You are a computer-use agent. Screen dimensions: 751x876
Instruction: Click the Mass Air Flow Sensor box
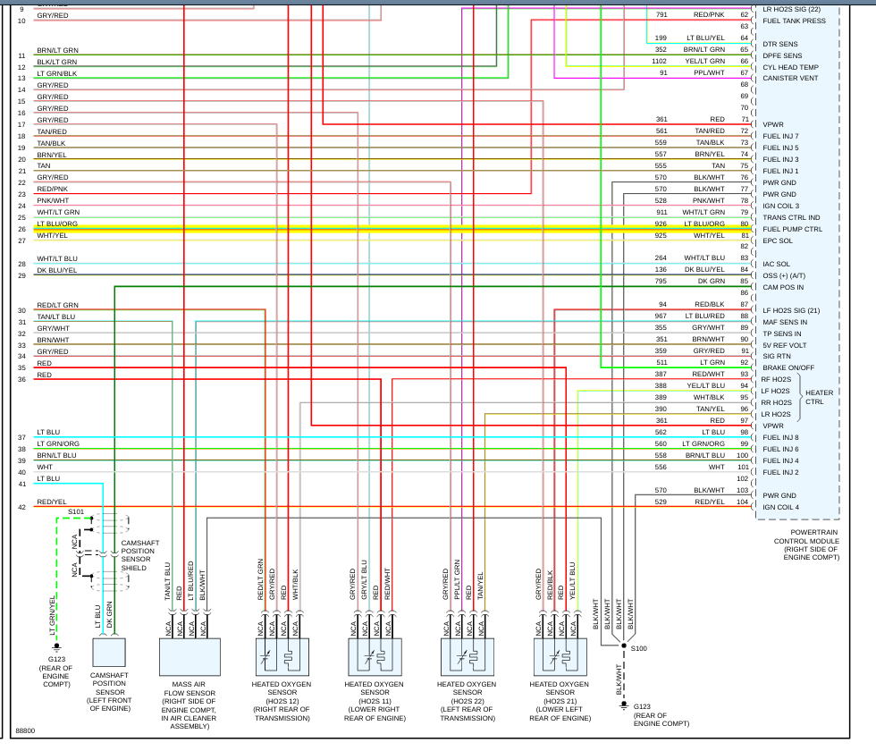[x=190, y=656]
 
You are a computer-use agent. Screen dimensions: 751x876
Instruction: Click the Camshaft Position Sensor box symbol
[x=109, y=656]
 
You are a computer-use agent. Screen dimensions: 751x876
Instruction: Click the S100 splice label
[x=638, y=647]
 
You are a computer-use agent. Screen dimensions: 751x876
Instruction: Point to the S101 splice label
[x=76, y=512]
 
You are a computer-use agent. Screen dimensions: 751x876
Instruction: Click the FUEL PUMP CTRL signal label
[x=792, y=229]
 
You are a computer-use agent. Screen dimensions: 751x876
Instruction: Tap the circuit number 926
[x=661, y=224]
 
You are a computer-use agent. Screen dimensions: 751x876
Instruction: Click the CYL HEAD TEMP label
[x=790, y=67]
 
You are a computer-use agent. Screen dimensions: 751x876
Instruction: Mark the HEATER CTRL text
[x=819, y=397]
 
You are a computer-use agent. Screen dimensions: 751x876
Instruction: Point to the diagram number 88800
[x=26, y=731]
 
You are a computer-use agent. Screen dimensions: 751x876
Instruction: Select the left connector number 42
[x=21, y=508]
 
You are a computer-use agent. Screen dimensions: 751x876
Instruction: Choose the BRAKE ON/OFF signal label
[x=788, y=367]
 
